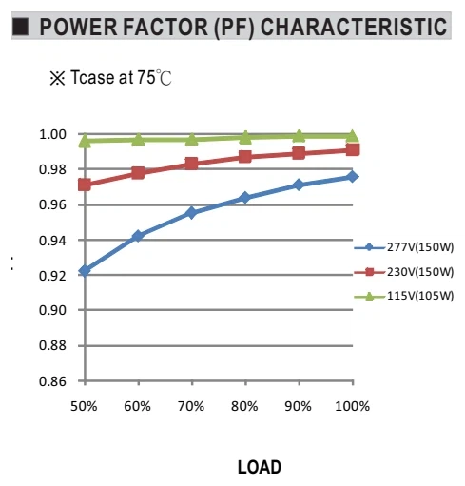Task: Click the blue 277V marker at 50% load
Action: [x=85, y=271]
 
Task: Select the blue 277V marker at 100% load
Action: [x=352, y=177]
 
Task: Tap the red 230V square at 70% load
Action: [x=191, y=164]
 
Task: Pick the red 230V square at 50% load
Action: [x=85, y=185]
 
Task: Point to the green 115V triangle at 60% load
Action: [x=138, y=139]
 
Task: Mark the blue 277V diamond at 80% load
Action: [x=244, y=198]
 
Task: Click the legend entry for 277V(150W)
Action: [x=404, y=247]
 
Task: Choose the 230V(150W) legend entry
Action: [x=404, y=272]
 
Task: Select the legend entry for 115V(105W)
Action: [x=404, y=296]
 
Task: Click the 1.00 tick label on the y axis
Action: [x=52, y=134]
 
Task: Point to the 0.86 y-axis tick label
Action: [x=52, y=381]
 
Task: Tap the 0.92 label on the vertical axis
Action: [x=52, y=276]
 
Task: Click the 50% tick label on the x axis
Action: [x=84, y=406]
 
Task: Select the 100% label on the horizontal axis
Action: [x=352, y=406]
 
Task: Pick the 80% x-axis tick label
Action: [x=244, y=406]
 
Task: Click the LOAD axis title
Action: [x=260, y=467]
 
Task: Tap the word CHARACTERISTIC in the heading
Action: [x=354, y=27]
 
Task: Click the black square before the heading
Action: [x=21, y=27]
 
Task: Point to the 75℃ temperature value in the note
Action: [x=154, y=78]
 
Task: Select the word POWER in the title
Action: [x=79, y=27]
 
